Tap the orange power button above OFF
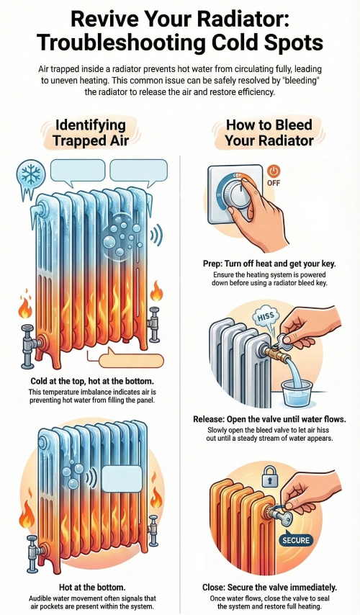[x=273, y=172]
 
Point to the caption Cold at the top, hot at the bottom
[x=90, y=380]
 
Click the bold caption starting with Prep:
[x=269, y=264]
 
